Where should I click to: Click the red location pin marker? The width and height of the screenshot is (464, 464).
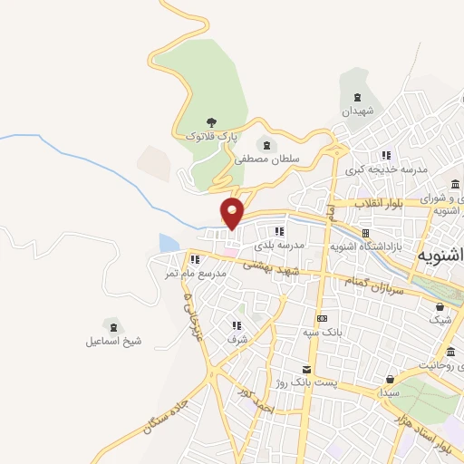pyautogui.click(x=233, y=212)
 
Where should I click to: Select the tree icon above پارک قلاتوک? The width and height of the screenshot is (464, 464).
pyautogui.click(x=211, y=121)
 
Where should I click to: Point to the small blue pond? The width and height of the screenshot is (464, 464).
pyautogui.click(x=169, y=243)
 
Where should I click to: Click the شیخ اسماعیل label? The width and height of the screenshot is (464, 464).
pyautogui.click(x=113, y=341)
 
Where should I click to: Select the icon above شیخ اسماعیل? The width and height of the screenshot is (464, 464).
pyautogui.click(x=111, y=325)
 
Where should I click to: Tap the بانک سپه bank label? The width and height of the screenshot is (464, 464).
pyautogui.click(x=322, y=333)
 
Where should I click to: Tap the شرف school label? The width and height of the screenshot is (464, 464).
pyautogui.click(x=237, y=339)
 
